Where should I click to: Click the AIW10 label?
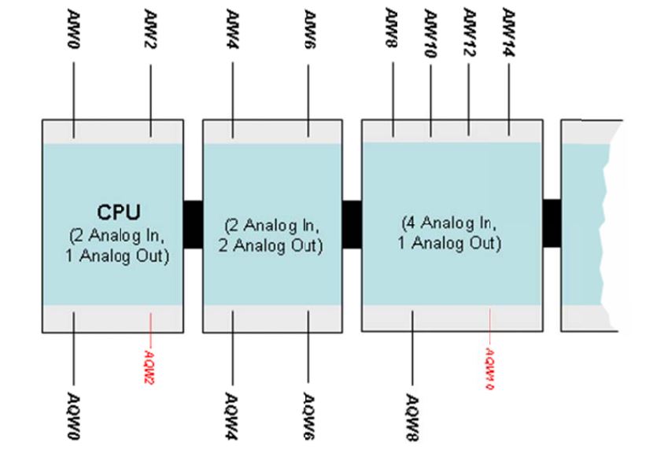[x=430, y=28]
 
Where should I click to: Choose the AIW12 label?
[x=469, y=27]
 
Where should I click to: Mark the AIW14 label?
[x=508, y=28]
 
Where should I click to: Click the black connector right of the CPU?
[x=193, y=224]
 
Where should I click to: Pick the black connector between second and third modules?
[x=352, y=224]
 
